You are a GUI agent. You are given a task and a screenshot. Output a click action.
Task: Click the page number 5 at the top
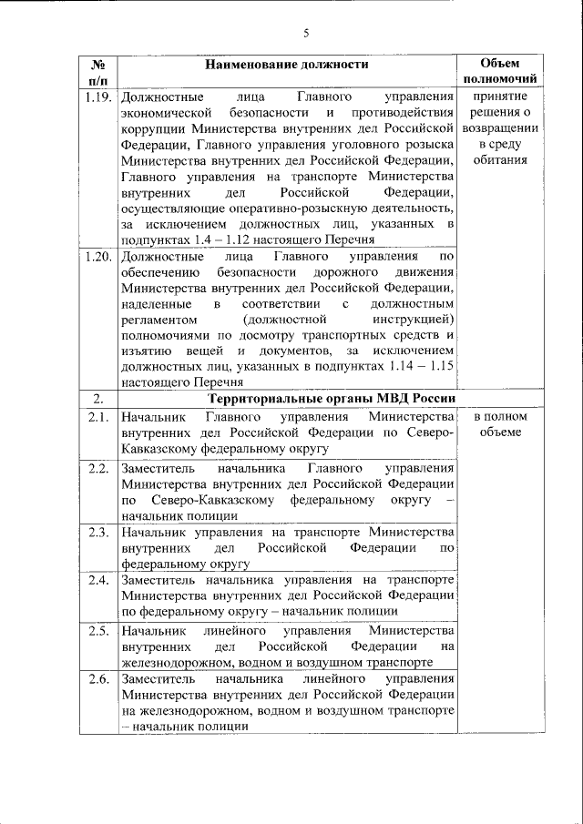307,34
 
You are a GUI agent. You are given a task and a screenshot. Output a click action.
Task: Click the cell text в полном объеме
499,423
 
